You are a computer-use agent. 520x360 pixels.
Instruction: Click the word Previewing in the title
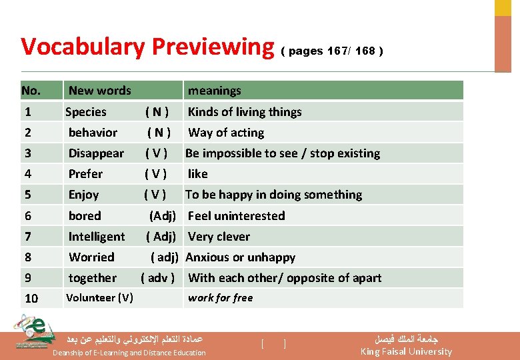213,47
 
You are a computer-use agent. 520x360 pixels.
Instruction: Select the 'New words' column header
100,91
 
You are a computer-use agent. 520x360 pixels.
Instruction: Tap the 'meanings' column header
214,91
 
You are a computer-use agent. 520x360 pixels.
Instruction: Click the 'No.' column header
31,91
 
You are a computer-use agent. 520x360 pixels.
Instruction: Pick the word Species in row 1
86,112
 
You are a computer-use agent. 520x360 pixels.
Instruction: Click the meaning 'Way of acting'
226,133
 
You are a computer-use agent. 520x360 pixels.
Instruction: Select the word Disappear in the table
96,153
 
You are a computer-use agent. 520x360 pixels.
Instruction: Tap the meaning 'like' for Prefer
197,174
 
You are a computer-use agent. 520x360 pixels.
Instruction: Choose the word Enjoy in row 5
83,195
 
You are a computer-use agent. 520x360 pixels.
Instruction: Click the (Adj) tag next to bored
163,216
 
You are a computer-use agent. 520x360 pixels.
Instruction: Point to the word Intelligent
97,237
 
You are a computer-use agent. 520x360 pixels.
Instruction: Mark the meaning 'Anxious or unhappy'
240,257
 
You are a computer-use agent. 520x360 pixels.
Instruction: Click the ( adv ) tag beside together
158,278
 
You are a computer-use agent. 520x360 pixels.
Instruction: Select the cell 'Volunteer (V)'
99,298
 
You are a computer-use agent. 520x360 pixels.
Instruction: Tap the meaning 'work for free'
220,298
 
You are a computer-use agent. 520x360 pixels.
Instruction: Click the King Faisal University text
406,351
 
